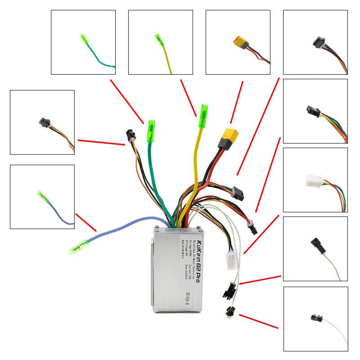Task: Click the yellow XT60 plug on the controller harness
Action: tap(229, 135)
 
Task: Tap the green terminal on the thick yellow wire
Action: tap(203, 111)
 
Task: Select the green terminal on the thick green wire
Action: tap(151, 131)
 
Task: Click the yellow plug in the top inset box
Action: tap(238, 43)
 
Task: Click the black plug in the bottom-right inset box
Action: tap(315, 317)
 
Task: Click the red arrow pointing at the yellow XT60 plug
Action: tap(237, 102)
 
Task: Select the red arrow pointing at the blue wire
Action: tap(86, 222)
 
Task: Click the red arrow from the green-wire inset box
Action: tap(127, 101)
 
